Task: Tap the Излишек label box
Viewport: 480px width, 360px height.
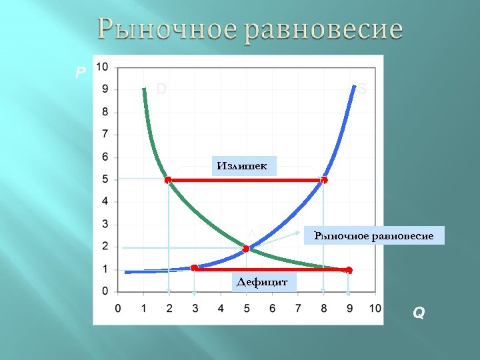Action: pyautogui.click(x=245, y=165)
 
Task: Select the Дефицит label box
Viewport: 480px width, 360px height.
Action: pyautogui.click(x=261, y=282)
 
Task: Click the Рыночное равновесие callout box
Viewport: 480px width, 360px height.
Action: pyautogui.click(x=373, y=236)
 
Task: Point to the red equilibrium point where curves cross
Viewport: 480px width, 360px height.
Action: pyautogui.click(x=246, y=249)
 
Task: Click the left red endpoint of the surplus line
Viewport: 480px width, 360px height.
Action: pyautogui.click(x=168, y=180)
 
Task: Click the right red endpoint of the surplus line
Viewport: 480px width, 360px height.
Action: pyautogui.click(x=324, y=180)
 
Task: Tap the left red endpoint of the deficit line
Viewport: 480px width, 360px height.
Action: pyautogui.click(x=194, y=268)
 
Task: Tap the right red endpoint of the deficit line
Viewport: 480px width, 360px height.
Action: pyautogui.click(x=349, y=270)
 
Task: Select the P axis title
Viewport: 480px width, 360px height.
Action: pyautogui.click(x=80, y=72)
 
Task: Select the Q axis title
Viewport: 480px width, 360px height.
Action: pyautogui.click(x=419, y=312)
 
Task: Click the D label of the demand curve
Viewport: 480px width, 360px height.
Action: pyautogui.click(x=161, y=89)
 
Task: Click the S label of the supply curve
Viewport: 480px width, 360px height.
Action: pyautogui.click(x=362, y=89)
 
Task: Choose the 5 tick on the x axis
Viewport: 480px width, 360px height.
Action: pyautogui.click(x=246, y=308)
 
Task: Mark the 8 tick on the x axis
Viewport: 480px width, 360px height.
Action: pyautogui.click(x=323, y=308)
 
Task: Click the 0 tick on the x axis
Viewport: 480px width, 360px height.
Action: pyautogui.click(x=118, y=308)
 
